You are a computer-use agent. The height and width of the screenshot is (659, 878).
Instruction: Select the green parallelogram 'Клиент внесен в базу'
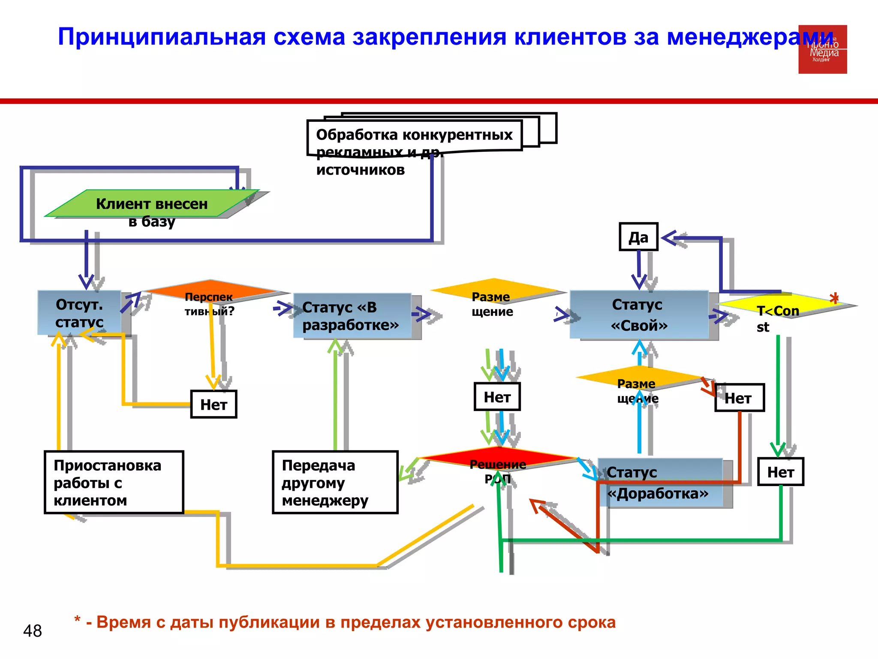pos(152,203)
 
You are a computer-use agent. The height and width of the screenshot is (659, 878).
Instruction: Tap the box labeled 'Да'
pos(638,237)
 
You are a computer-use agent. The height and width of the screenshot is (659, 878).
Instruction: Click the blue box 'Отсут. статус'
pos(79,312)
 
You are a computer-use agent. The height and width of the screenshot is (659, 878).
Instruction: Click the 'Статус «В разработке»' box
pos(352,316)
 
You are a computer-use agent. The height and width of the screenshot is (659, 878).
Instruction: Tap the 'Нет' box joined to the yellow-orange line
pos(213,404)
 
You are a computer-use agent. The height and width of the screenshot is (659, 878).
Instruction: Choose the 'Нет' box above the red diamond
pos(497,397)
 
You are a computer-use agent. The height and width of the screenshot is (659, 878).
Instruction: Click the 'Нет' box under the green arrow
pos(780,472)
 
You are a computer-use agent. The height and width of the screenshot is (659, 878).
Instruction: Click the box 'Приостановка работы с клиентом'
pos(114,482)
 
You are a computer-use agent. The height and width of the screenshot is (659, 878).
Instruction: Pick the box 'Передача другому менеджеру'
pos(335,482)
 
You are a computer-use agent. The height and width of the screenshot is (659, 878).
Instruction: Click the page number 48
pos(33,631)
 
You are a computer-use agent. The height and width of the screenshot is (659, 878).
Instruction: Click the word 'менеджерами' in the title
pos(750,37)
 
